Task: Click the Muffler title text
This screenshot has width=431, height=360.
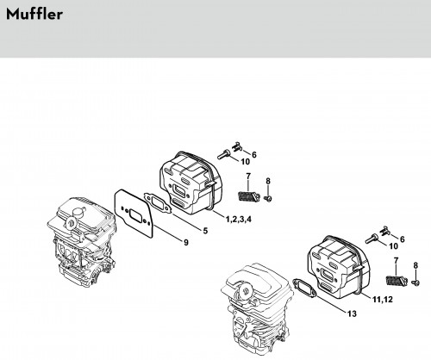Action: tap(34, 15)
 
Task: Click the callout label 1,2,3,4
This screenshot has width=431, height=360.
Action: tap(239, 220)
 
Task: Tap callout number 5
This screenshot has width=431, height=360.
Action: tap(205, 231)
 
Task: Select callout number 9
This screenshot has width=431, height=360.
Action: tap(186, 243)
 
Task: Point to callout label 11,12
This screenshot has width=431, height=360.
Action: tap(383, 300)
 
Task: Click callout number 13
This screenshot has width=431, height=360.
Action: tap(352, 313)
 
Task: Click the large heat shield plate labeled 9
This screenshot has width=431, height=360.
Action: tap(134, 214)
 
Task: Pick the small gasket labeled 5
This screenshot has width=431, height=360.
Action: tap(158, 202)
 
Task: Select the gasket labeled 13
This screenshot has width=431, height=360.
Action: tap(304, 288)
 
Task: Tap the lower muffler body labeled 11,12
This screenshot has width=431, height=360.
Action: tap(338, 266)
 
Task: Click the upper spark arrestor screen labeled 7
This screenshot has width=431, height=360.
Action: tap(248, 197)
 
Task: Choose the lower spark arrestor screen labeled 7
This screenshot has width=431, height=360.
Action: tap(396, 280)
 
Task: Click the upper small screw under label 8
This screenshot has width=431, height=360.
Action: tap(268, 198)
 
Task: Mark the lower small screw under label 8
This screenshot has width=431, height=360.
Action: tap(415, 282)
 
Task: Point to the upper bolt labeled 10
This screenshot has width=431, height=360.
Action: tap(223, 154)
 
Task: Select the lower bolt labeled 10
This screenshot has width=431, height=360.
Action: tap(372, 239)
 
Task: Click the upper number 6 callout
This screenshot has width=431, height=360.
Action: tap(254, 155)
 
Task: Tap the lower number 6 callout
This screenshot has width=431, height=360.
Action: tap(402, 239)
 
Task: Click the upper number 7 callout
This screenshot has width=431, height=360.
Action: tap(248, 176)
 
